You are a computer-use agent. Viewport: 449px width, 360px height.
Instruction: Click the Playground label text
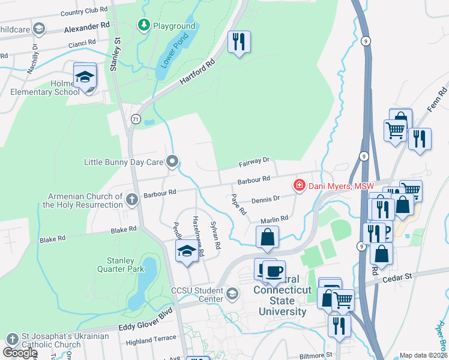pyautogui.click(x=174, y=26)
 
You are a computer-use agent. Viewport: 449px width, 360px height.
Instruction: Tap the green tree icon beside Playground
pyautogui.click(x=143, y=25)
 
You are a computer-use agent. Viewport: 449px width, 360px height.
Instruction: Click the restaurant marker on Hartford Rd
pyautogui.click(x=239, y=42)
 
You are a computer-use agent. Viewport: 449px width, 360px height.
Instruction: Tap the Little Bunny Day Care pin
pyautogui.click(x=173, y=161)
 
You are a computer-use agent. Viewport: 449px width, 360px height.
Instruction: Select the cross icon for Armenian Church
pyautogui.click(x=132, y=198)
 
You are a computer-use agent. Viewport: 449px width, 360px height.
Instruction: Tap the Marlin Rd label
pyautogui.click(x=274, y=221)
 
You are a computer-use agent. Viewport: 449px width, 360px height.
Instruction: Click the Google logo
pyautogui.click(x=20, y=353)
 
